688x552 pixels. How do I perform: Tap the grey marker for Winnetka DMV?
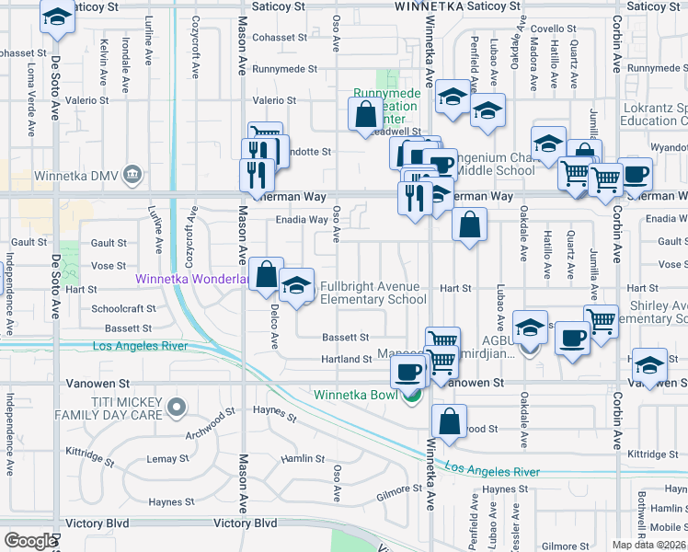pos(133,175)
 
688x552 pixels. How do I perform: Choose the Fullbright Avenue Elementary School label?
pos(373,293)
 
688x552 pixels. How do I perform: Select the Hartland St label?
pos(344,359)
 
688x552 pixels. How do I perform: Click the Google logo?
pos(29,541)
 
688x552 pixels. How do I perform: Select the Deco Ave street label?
pos(274,328)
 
